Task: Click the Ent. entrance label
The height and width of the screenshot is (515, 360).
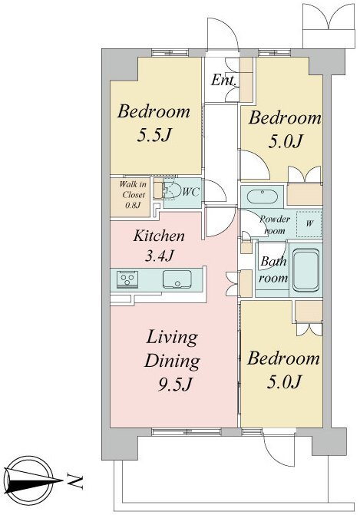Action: tap(223, 80)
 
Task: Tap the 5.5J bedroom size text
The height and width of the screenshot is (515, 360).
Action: tap(154, 134)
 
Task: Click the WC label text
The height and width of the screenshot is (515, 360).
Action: tap(190, 192)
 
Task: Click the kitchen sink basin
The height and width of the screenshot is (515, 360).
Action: tap(177, 279)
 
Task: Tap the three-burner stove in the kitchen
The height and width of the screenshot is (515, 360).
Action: tap(127, 280)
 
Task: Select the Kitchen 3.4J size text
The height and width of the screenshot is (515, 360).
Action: tap(159, 256)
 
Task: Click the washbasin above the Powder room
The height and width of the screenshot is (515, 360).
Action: tap(262, 196)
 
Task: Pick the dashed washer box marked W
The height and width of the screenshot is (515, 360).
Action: tap(309, 224)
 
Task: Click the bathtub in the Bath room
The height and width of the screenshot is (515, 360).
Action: tap(306, 270)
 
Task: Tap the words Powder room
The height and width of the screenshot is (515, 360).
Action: tap(275, 225)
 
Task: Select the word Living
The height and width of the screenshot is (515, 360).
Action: tap(172, 337)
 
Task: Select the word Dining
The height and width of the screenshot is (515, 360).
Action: tap(172, 361)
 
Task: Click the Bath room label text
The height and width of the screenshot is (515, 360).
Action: tap(273, 269)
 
